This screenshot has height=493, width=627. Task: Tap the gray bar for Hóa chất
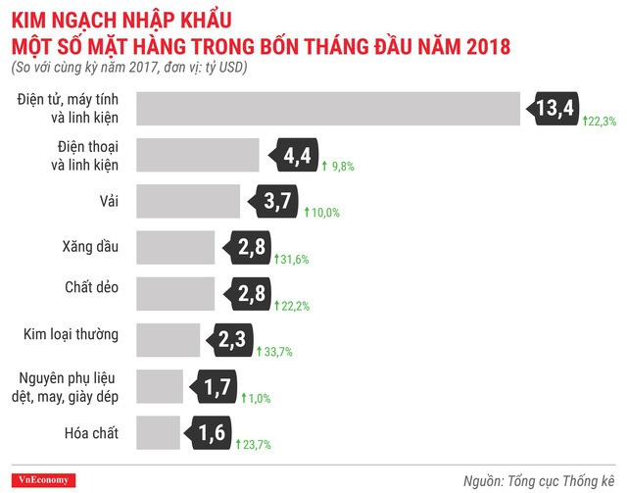159,431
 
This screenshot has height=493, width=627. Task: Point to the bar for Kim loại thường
169,340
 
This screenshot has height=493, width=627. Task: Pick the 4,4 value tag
296,156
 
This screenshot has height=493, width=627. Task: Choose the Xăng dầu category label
90,247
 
